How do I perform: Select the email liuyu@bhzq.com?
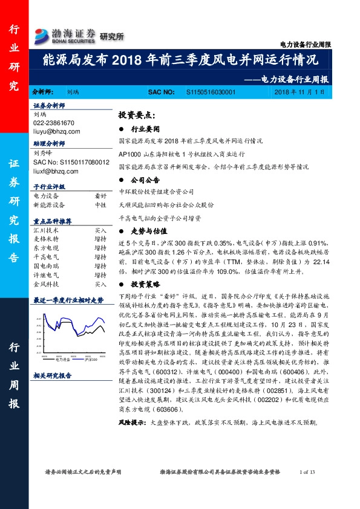54,131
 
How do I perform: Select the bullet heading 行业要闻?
146,129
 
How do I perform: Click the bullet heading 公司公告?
146,180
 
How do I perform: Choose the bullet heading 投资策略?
146,284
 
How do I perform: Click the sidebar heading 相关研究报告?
53,375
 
